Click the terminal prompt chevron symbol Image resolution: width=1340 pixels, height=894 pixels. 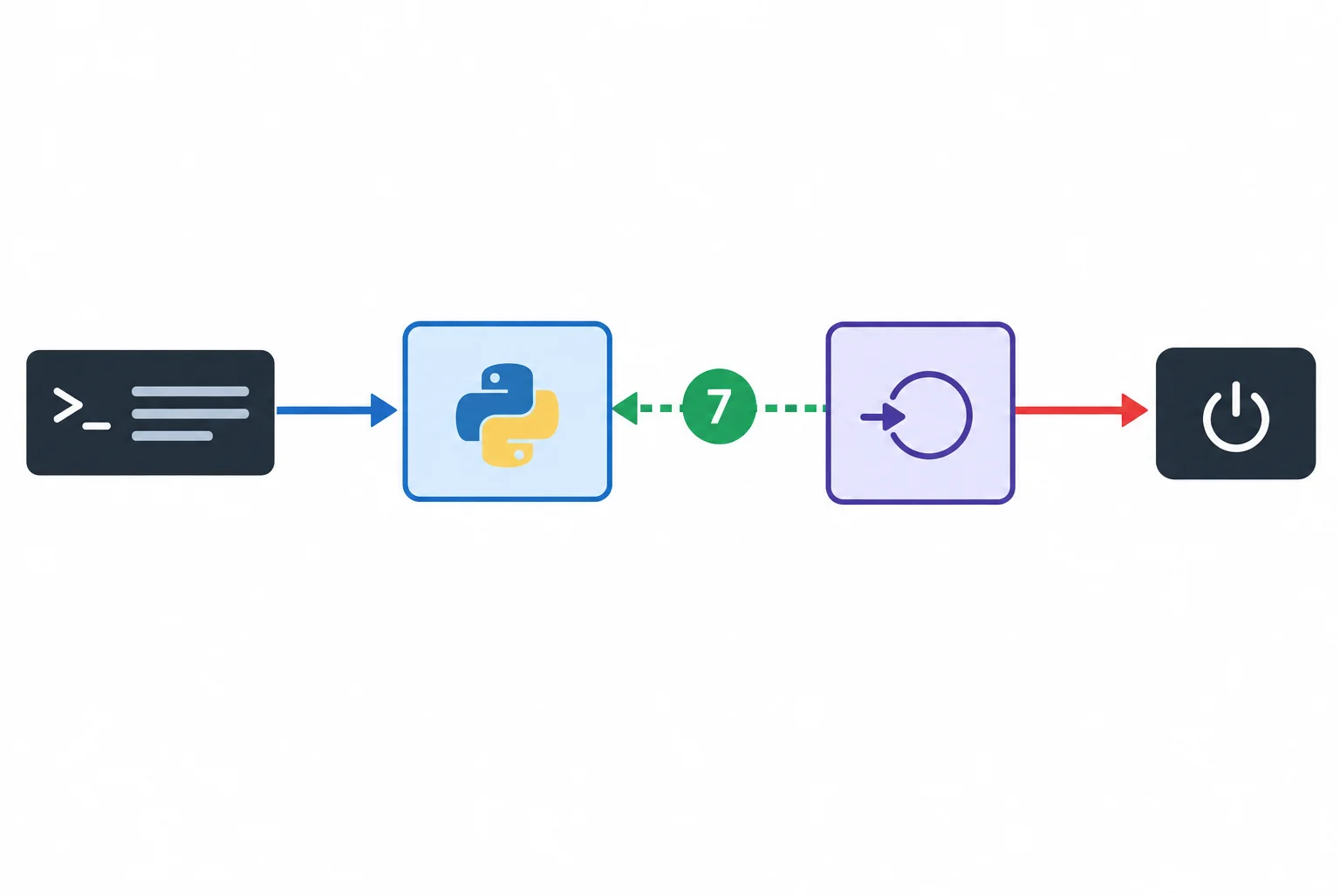[x=67, y=405]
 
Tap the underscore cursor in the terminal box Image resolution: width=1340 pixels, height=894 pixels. [x=96, y=426]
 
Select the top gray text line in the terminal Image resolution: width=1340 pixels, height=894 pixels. [x=190, y=392]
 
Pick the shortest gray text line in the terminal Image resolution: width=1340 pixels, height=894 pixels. [x=172, y=436]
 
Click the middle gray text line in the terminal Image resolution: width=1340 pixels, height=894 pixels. [x=190, y=414]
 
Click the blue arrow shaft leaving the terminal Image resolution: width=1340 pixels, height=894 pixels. [x=324, y=410]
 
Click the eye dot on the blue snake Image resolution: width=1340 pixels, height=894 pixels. [x=495, y=378]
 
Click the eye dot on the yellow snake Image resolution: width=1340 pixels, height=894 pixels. [x=519, y=455]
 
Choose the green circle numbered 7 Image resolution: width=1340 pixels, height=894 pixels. [x=719, y=406]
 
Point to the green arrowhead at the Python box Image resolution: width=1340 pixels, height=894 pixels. [x=626, y=409]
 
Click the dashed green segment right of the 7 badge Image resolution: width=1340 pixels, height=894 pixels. [x=791, y=409]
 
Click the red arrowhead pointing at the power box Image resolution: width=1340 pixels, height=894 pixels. [x=1134, y=410]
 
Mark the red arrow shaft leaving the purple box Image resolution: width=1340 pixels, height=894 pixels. [x=1069, y=410]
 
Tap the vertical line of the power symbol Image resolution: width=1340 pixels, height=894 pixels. [x=1236, y=398]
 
